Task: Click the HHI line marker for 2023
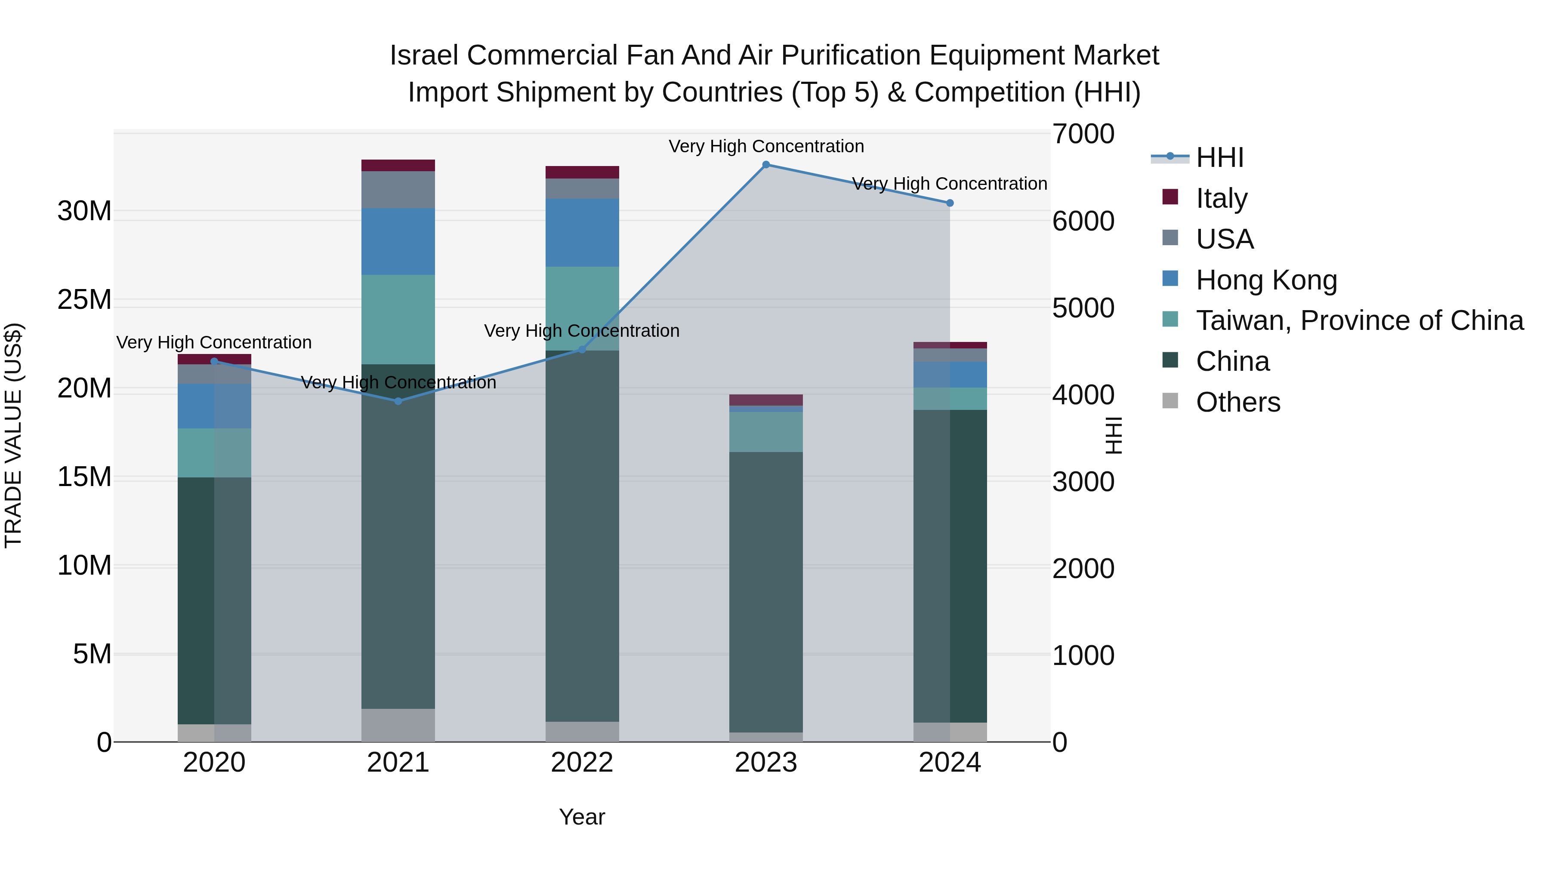(x=765, y=165)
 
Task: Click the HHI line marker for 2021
(x=398, y=401)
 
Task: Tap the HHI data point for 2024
(x=950, y=203)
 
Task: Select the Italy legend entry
(x=1221, y=198)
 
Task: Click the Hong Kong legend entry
(x=1266, y=280)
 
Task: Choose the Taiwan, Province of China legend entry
(x=1359, y=320)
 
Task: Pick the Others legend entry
(x=1237, y=402)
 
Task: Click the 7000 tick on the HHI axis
(x=1083, y=134)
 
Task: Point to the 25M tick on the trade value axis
(x=84, y=299)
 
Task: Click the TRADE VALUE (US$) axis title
(x=13, y=435)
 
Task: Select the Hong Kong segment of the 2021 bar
(x=398, y=242)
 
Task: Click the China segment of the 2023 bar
(x=765, y=592)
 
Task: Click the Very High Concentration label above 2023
(x=765, y=146)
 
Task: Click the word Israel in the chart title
(x=425, y=55)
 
